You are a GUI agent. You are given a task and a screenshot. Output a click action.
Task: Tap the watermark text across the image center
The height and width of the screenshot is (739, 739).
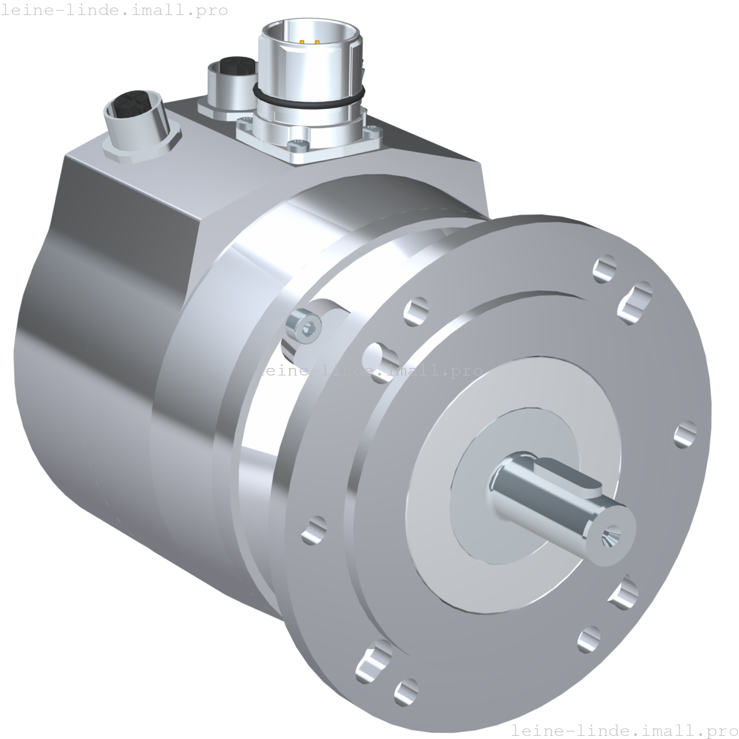click(369, 370)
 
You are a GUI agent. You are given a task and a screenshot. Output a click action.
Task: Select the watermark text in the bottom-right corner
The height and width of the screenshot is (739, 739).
click(624, 730)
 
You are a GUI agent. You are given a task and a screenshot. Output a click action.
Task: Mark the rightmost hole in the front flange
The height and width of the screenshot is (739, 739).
click(686, 433)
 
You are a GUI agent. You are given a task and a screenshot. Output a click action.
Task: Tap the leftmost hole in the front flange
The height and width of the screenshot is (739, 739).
click(313, 530)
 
